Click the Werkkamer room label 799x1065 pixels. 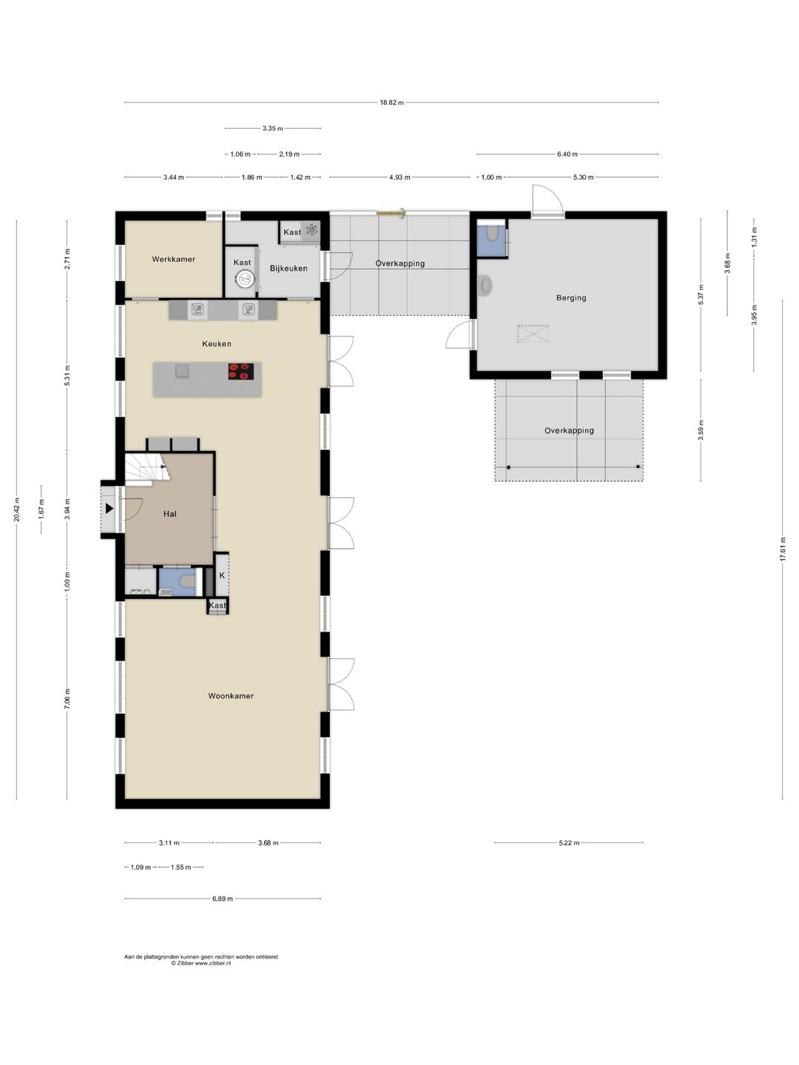[173, 259]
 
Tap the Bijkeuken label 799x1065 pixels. [289, 268]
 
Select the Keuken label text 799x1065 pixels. [216, 343]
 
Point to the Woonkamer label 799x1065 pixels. [231, 696]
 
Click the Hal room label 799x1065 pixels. [170, 514]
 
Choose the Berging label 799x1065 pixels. [571, 297]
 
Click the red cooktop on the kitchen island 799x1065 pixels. [241, 371]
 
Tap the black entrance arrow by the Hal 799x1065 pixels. [109, 509]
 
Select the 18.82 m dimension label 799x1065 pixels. [391, 102]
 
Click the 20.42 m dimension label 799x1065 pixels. [16, 510]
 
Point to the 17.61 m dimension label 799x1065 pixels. [782, 550]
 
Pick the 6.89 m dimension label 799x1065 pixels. [222, 899]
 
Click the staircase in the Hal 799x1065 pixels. [147, 469]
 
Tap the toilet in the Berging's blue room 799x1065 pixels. [493, 232]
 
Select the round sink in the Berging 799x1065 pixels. [485, 285]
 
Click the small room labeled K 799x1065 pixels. [222, 575]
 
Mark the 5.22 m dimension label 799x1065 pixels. [569, 843]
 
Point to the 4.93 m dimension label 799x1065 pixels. [399, 177]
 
